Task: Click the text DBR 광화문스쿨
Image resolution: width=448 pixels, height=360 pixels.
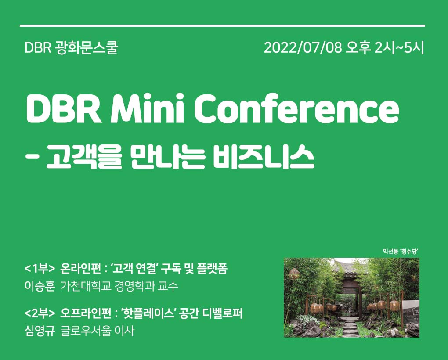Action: tap(72, 48)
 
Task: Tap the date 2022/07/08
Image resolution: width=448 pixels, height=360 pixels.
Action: tap(303, 48)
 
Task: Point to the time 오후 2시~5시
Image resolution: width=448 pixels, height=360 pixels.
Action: tap(385, 48)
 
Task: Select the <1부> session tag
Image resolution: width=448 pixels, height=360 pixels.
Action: tap(40, 268)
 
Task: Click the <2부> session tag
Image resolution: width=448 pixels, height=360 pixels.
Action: tap(40, 313)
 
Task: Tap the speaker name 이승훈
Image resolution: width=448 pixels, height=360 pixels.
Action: tap(40, 286)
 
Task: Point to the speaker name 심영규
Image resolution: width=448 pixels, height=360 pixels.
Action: tap(40, 331)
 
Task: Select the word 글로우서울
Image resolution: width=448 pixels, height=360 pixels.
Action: tap(86, 331)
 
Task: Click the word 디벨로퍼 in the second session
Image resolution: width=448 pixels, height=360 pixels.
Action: tap(223, 313)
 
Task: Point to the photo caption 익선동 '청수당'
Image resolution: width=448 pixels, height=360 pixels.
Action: tap(401, 251)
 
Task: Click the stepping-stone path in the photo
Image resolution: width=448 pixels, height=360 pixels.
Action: tap(350, 327)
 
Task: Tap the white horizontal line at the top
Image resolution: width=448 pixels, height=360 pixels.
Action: tap(222, 26)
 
